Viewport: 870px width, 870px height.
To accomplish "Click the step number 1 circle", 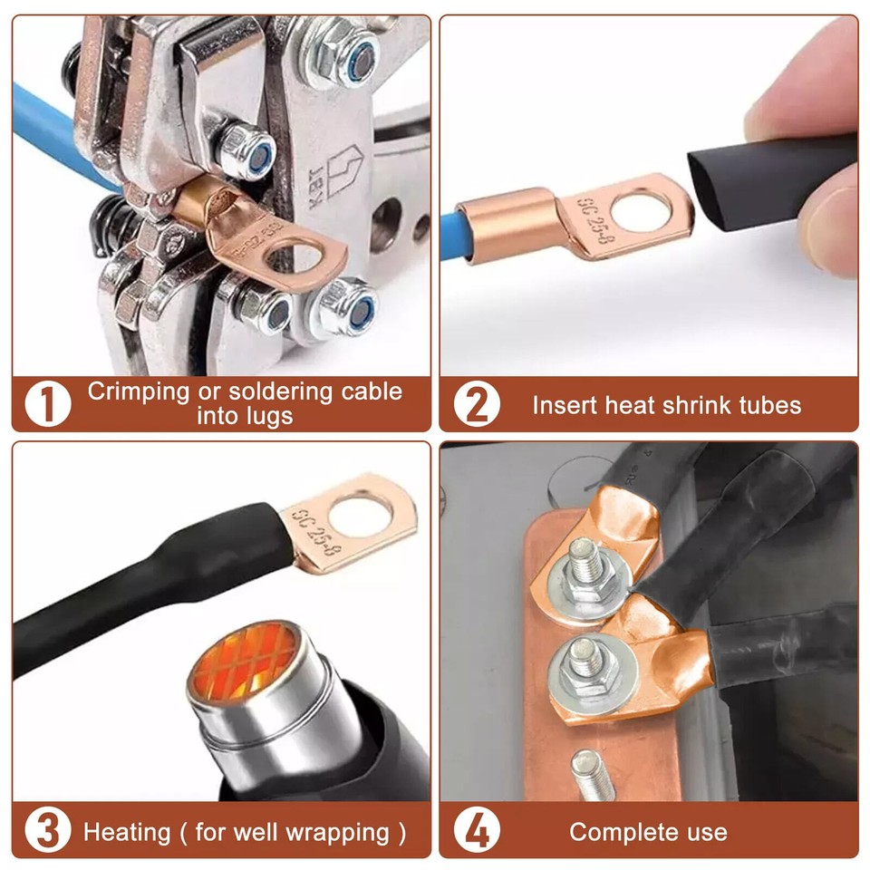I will pyautogui.click(x=47, y=404).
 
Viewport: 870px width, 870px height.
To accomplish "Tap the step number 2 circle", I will pyautogui.click(x=476, y=404).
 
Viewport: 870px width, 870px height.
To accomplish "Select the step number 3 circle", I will pyautogui.click(x=47, y=831).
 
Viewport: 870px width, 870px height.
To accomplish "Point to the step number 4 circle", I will pyautogui.click(x=476, y=831).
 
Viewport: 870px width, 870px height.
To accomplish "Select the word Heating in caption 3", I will pyautogui.click(x=127, y=832).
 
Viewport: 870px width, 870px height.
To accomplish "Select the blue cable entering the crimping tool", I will pyautogui.click(x=50, y=136).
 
